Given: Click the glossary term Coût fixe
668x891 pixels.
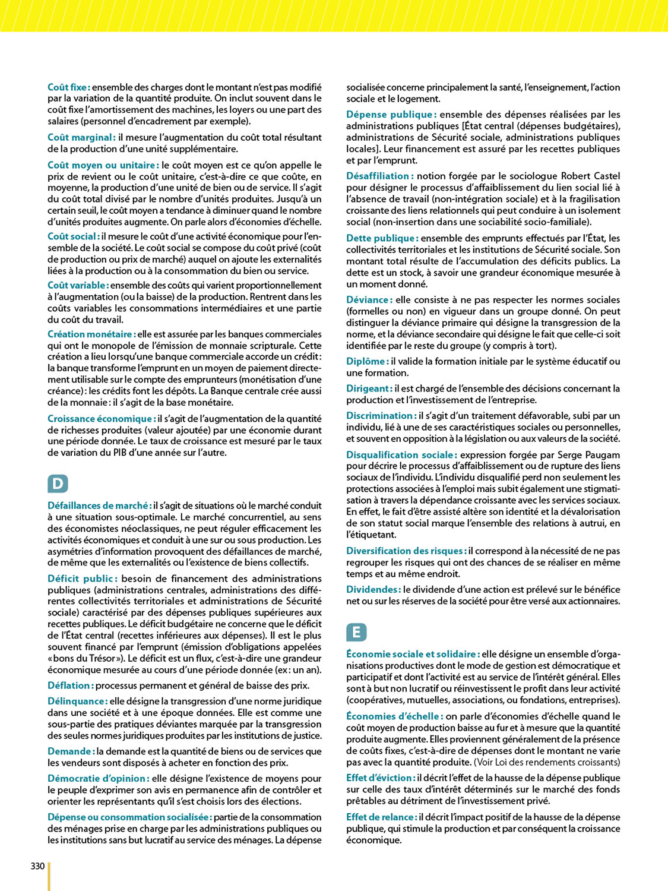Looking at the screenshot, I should [x=68, y=87].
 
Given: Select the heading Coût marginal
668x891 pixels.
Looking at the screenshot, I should [x=81, y=138].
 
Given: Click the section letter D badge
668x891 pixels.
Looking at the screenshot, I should [x=58, y=484].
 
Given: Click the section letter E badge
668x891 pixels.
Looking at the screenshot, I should [x=356, y=632].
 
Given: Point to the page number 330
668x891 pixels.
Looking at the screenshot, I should [x=37, y=866].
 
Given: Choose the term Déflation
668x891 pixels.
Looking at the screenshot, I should [x=71, y=685].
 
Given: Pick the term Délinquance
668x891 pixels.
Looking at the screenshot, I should [x=77, y=702].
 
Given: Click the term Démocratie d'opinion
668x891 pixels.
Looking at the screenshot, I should [x=98, y=779].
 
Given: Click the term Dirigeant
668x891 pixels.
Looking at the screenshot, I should [x=369, y=389].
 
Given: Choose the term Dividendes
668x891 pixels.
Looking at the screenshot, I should [x=373, y=590].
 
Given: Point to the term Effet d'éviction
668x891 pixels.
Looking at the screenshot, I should [x=381, y=778].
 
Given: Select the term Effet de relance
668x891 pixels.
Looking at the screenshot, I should [x=382, y=817].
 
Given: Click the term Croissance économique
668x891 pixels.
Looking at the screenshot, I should [x=102, y=419].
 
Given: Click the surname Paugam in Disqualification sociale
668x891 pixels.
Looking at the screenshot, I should [x=604, y=455].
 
